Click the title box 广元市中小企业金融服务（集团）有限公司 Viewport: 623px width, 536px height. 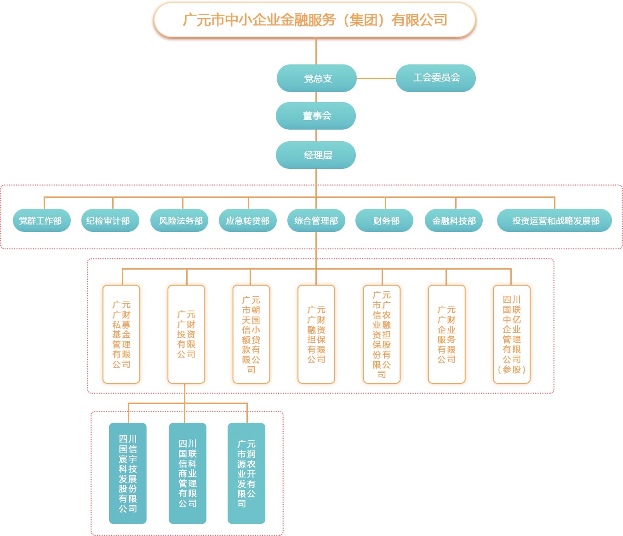coord(315,20)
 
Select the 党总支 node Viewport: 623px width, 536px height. coord(316,78)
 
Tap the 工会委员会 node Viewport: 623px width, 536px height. coord(435,78)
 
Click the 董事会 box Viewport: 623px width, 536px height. coord(316,116)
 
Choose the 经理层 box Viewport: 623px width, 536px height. coord(316,155)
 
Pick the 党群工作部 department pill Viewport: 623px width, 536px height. coord(41,221)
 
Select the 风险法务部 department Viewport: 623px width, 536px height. coord(180,221)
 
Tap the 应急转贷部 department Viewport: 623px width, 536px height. coord(248,221)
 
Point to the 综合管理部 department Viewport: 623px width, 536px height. coord(316,221)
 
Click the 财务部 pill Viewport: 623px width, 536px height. coord(384,221)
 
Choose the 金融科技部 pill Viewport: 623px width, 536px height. coord(454,221)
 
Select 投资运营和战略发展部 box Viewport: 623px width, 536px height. coord(554,221)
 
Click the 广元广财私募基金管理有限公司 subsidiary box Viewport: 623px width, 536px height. coord(121,334)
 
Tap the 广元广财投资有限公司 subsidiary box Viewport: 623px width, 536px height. coord(186,334)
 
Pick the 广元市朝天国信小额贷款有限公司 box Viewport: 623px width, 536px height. coord(251,334)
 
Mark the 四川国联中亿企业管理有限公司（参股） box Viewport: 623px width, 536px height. coord(512,334)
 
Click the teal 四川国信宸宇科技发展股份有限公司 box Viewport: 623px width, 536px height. coord(128,473)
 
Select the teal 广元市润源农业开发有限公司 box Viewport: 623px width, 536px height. coord(246,473)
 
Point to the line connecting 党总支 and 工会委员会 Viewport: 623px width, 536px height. coord(376,78)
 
